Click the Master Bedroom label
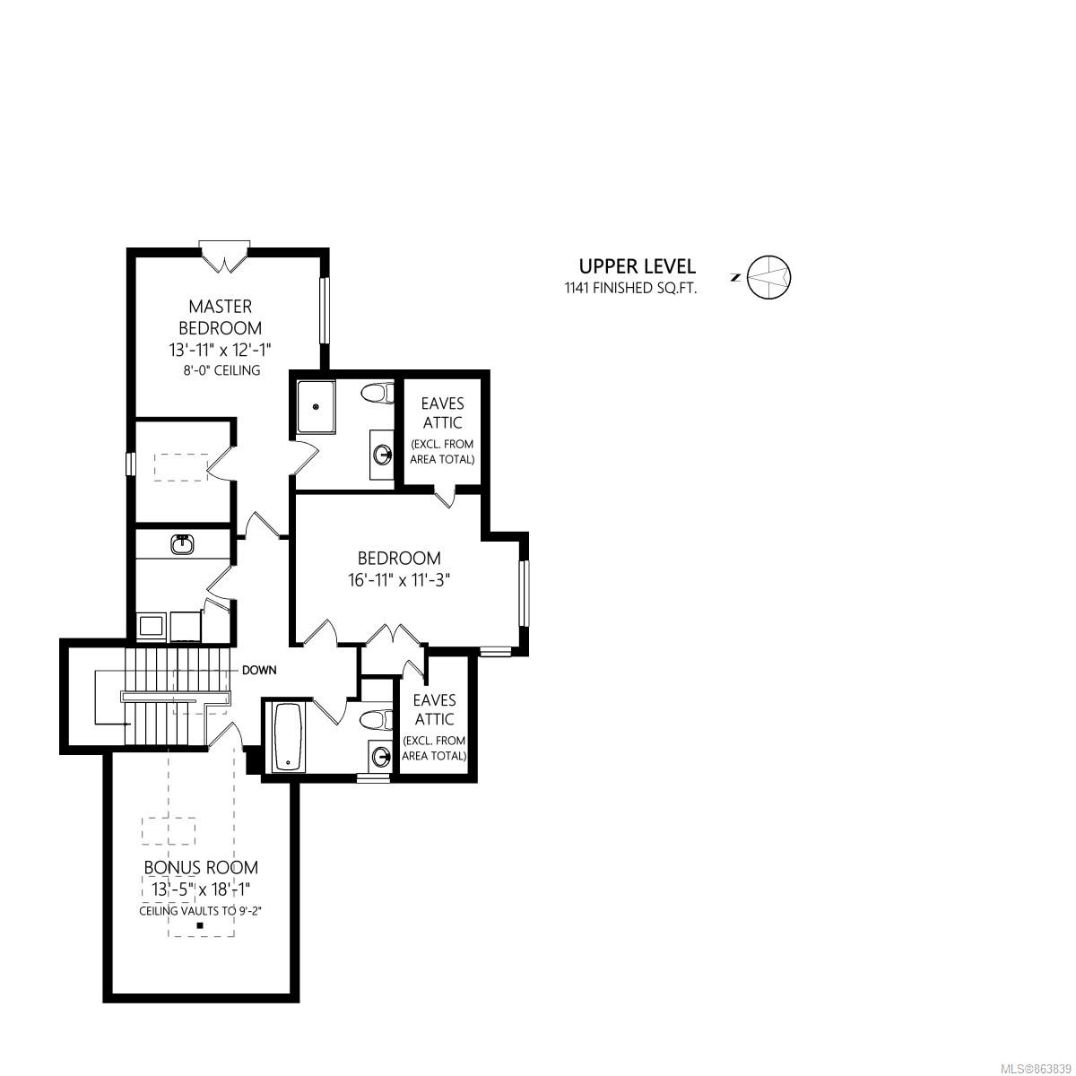pos(220,317)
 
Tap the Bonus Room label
pos(201,867)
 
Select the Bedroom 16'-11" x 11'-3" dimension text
pos(399,581)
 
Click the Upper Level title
pos(638,266)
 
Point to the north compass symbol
pos(768,276)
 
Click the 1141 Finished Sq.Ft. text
pos(631,288)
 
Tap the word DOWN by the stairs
pos(259,670)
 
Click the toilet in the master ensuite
pos(377,393)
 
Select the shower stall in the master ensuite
pos(316,406)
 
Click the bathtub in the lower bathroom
pos(288,737)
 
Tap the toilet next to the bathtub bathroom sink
pos(377,719)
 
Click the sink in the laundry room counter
pos(183,544)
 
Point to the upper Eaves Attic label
pos(442,412)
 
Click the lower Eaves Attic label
pos(434,709)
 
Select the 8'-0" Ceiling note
pos(221,369)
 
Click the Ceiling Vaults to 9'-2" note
pos(201,911)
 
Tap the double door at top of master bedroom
pos(224,257)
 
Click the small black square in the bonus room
pos(200,925)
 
